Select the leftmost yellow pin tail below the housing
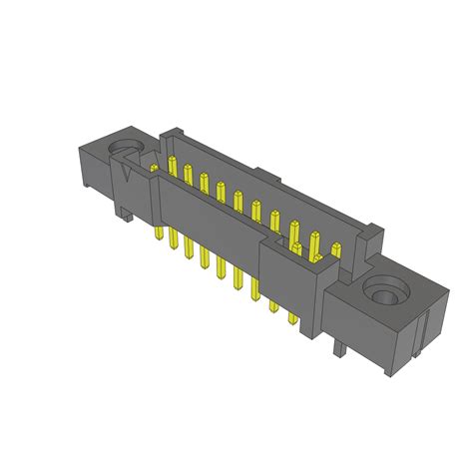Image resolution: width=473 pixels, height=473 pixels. pyautogui.click(x=160, y=233)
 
